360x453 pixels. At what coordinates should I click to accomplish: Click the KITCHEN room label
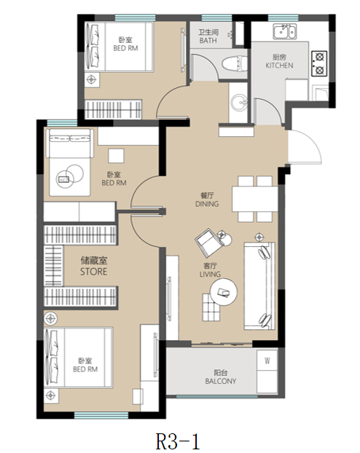pyautogui.click(x=279, y=66)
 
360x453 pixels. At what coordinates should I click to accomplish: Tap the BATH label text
pyautogui.click(x=208, y=41)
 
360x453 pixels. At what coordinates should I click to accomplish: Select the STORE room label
pyautogui.click(x=93, y=272)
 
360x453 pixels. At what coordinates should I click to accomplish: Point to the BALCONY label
pyautogui.click(x=221, y=381)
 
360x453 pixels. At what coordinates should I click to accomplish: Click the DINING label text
pyautogui.click(x=207, y=204)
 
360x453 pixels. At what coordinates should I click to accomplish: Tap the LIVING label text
pyautogui.click(x=210, y=274)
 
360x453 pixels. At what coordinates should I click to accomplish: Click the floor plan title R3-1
pyautogui.click(x=178, y=441)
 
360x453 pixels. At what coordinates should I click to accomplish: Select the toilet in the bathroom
pyautogui.click(x=235, y=63)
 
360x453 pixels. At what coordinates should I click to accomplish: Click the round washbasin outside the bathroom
pyautogui.click(x=238, y=102)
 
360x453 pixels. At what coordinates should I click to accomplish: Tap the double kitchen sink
pyautogui.click(x=285, y=31)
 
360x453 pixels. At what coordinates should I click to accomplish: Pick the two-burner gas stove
pyautogui.click(x=319, y=63)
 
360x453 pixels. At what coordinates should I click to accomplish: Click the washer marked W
pyautogui.click(x=267, y=361)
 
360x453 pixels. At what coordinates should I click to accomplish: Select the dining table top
pyautogui.click(x=255, y=199)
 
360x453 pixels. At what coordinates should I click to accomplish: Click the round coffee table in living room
pyautogui.click(x=224, y=292)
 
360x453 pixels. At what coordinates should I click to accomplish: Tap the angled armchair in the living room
pyautogui.click(x=208, y=242)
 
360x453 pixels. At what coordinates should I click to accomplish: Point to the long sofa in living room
pyautogui.click(x=259, y=286)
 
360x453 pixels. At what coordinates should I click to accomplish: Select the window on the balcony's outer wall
pyautogui.click(x=216, y=397)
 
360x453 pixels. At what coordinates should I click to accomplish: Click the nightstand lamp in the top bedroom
pyautogui.click(x=91, y=79)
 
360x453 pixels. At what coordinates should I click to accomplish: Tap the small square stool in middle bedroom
pyautogui.click(x=117, y=156)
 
